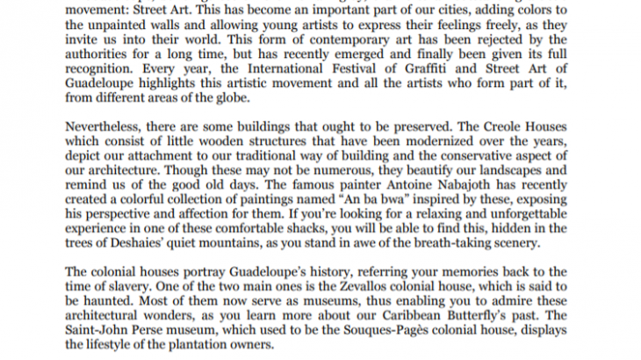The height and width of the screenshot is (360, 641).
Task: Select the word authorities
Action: click(101, 52)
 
